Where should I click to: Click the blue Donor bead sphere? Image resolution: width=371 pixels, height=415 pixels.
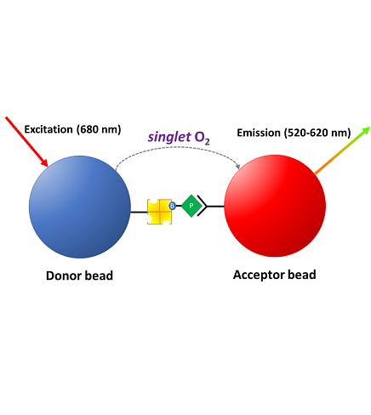coord(80,207)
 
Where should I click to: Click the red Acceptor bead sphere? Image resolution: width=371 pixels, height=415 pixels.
coord(275,206)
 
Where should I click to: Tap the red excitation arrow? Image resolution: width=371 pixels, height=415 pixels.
coord(26,141)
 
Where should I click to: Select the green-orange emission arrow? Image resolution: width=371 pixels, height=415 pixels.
coord(342,151)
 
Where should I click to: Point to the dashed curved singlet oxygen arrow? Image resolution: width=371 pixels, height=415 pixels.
coord(178,147)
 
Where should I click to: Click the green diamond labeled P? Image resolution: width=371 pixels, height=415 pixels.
coord(191,206)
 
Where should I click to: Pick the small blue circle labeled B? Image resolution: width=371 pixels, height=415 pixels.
coord(172,206)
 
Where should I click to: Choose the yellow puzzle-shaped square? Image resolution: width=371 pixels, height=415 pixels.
coord(159,212)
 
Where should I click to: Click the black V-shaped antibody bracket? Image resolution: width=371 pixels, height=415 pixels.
coord(203,206)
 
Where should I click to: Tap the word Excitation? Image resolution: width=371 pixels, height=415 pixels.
coord(49,129)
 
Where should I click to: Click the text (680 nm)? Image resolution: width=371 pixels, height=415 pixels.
coord(99,129)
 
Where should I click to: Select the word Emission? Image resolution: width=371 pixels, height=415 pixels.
coord(259,133)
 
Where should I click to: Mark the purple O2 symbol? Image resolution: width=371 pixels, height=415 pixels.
coord(203,138)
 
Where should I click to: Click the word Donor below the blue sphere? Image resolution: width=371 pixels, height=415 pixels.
coord(64,276)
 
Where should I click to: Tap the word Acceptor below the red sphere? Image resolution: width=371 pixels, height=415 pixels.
coord(259,275)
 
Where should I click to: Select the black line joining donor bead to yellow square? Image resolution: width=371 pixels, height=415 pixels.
coord(139,212)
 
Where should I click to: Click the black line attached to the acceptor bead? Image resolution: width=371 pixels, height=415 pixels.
coord(215,206)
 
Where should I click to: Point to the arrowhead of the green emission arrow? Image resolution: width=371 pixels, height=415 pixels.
coord(365,131)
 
